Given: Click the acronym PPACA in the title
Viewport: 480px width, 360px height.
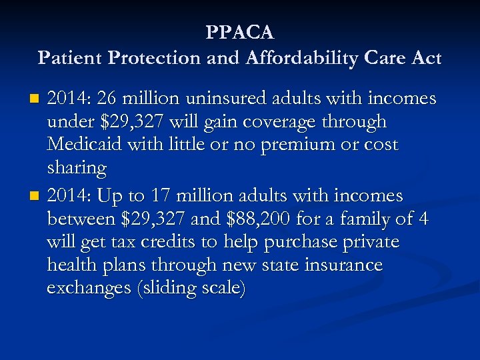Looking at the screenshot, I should [x=240, y=32].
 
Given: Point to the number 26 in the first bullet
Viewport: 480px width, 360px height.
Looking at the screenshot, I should [x=107, y=99].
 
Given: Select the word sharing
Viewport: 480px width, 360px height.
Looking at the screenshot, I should [x=77, y=168].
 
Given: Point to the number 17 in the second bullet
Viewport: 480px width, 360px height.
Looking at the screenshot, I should [x=176, y=195].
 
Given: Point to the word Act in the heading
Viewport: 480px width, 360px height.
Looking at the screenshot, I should [x=427, y=58].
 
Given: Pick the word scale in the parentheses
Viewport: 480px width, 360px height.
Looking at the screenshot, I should [x=217, y=288].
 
